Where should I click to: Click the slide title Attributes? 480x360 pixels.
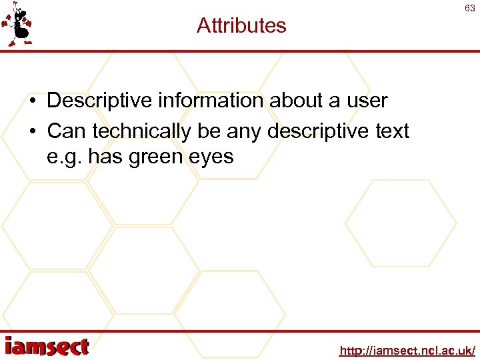(241, 26)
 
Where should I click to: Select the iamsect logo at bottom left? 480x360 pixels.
(47, 347)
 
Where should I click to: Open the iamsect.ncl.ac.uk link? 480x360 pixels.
(407, 350)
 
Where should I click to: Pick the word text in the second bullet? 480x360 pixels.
(391, 131)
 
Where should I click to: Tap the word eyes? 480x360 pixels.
(215, 157)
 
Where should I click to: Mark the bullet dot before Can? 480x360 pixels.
(33, 132)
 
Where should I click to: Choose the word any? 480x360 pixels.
(244, 131)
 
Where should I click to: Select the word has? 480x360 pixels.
(107, 157)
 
